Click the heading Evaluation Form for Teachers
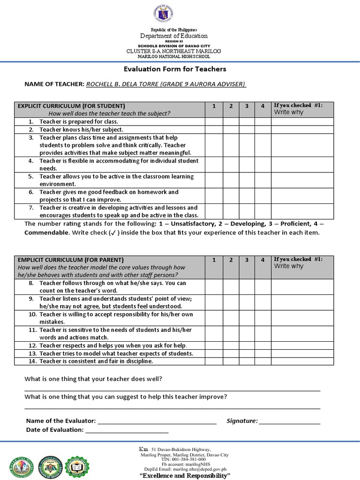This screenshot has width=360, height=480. tap(174, 69)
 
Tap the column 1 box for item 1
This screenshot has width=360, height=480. tap(214, 121)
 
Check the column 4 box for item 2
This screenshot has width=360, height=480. tap(262, 129)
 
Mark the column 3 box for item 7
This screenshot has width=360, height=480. tap(246, 211)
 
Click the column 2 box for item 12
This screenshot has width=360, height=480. tap(230, 345)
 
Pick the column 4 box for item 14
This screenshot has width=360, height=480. tap(262, 361)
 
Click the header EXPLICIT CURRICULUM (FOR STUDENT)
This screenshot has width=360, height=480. tap(71, 106)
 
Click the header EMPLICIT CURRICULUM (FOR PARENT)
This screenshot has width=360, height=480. tap(71, 260)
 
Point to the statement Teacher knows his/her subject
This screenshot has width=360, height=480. tap(81, 129)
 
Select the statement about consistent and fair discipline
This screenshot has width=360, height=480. tap(96, 361)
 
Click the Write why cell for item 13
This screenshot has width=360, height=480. tap(302, 353)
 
